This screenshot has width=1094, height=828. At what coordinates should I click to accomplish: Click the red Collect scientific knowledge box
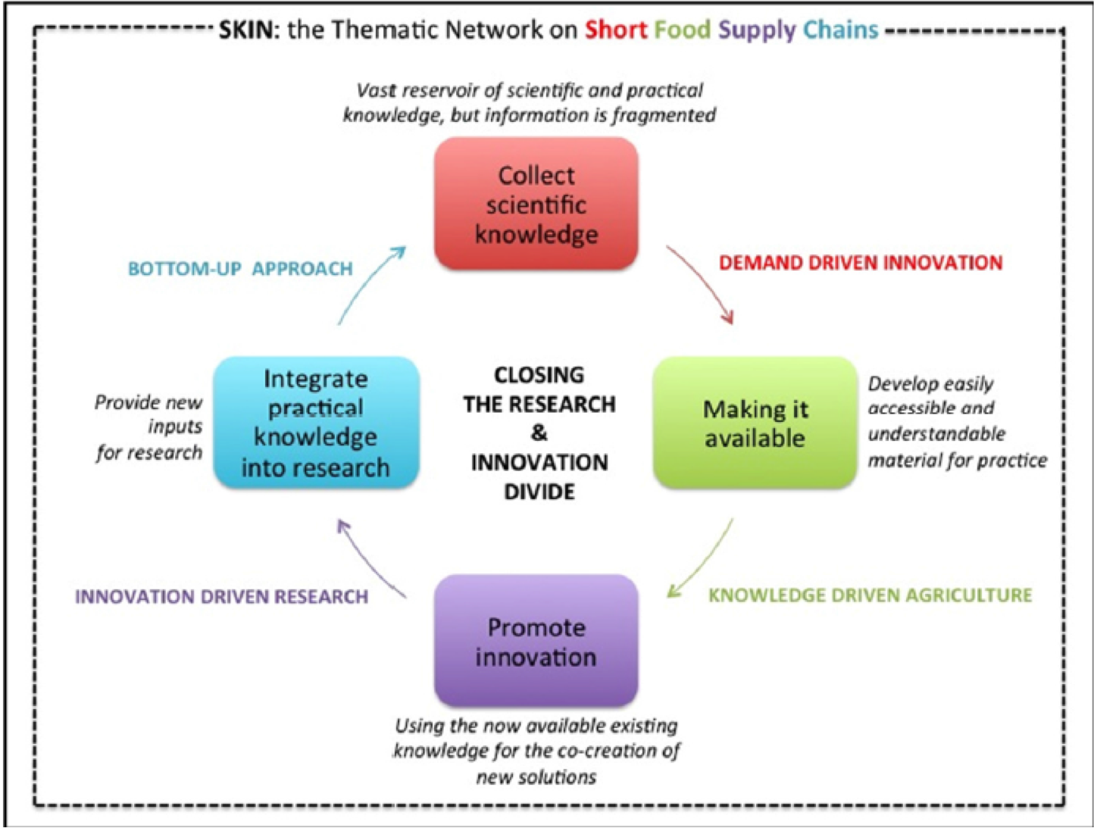pos(536,204)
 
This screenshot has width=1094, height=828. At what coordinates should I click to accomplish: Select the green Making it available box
pos(755,423)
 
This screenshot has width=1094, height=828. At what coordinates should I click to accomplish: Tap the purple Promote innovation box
pos(536,641)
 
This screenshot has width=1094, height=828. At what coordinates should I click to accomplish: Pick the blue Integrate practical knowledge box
pos(316,423)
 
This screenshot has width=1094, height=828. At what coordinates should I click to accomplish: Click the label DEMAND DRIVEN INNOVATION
pos(861,263)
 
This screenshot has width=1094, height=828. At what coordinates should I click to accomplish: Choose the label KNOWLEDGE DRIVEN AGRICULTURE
pos(870,595)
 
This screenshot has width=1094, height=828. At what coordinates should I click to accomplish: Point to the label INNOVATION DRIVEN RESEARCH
pos(221,597)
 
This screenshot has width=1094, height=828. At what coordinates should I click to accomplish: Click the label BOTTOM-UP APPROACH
pos(240,269)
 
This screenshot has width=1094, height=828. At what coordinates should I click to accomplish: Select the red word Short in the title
pos(615,30)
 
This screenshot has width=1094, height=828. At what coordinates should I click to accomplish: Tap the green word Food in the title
pos(682,30)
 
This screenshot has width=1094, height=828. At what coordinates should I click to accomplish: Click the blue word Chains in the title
pos(840,30)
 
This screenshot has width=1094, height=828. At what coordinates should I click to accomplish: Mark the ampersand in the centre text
pos(539,433)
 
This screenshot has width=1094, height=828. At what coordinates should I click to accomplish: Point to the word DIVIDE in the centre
pos(539,492)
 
